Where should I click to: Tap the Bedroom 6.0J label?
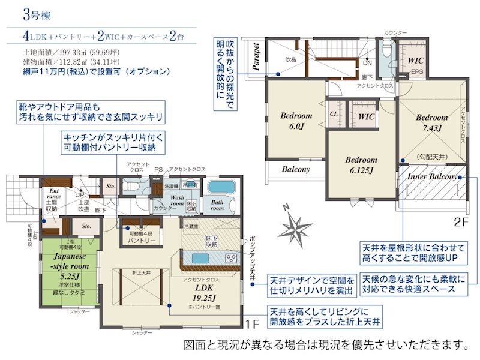295,121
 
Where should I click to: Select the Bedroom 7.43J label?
431,122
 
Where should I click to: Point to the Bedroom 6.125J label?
361,165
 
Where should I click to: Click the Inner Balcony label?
432,178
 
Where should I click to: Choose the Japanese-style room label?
66,265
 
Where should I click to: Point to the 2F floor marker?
460,221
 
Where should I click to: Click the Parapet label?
256,57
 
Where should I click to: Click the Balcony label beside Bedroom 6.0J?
296,170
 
